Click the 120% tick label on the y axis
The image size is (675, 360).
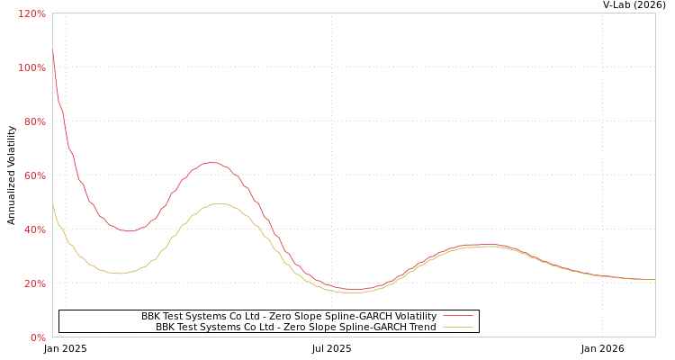[x=31, y=14]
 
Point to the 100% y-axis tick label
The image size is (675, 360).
[x=31, y=68]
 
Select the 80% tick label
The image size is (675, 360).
[x=34, y=122]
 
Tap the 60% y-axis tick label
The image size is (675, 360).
[x=34, y=176]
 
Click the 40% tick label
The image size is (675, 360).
[x=34, y=230]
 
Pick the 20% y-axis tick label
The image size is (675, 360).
[x=34, y=284]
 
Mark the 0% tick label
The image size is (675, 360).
[x=37, y=338]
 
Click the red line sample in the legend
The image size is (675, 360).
[x=457, y=316]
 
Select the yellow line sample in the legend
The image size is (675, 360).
[x=457, y=328]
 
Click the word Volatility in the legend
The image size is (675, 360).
[x=414, y=317]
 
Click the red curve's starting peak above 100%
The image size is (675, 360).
[x=53, y=51]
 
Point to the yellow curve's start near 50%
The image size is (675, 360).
[x=53, y=205]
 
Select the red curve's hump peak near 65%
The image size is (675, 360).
[x=212, y=163]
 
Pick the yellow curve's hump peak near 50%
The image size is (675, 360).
[x=219, y=203]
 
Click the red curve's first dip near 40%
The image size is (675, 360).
[x=129, y=231]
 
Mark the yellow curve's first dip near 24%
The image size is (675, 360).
[x=121, y=274]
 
